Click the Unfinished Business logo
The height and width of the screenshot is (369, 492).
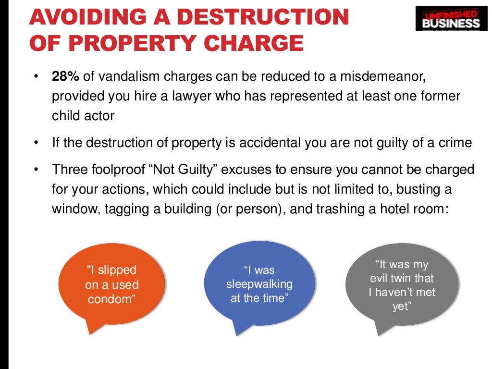click(x=451, y=18)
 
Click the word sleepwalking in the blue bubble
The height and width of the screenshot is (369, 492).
click(x=259, y=284)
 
